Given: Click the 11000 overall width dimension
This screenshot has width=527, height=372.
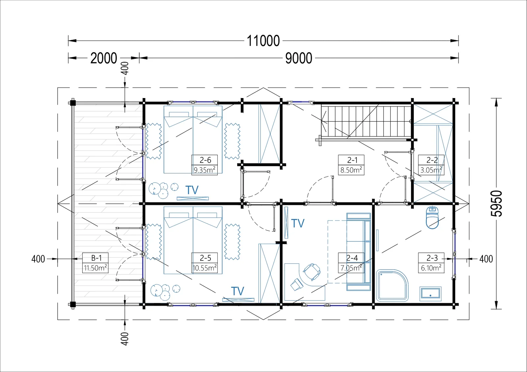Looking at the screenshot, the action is [263, 41].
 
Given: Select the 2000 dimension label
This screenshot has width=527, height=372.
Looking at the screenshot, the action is [104, 58].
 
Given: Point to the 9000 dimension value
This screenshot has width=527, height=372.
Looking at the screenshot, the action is [298, 58].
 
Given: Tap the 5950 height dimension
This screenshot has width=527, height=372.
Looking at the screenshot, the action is [496, 203].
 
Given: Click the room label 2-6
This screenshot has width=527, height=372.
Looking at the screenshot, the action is [205, 160].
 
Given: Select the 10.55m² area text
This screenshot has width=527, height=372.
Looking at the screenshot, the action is [205, 268].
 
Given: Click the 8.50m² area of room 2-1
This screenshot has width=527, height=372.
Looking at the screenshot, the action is [351, 170].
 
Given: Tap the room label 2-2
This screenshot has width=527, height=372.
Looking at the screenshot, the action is [432, 160].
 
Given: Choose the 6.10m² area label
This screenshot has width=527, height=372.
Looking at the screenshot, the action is [431, 268].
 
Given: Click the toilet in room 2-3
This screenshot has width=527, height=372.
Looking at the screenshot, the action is [432, 218].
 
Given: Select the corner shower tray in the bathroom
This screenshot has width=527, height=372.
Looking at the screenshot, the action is [392, 286].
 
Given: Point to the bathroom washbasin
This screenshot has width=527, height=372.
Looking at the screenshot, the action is [430, 294].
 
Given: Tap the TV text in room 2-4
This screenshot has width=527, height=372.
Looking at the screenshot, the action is [298, 223].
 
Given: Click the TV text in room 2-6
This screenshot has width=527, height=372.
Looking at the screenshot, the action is [192, 190].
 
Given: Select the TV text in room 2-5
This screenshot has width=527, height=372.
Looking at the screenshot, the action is [237, 291].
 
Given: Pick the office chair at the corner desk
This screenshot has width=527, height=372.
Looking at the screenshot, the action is [312, 272].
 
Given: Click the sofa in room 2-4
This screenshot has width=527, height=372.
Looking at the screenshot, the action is [359, 252].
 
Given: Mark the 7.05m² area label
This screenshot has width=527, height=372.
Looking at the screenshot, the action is [351, 268].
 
